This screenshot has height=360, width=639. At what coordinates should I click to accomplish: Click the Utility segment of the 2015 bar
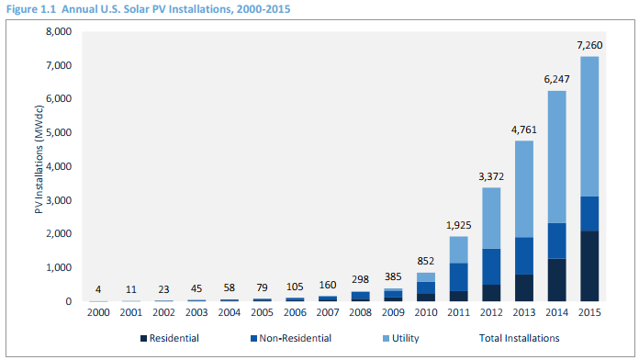tap(589, 127)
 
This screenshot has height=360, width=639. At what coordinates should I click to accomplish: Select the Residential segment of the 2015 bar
tap(589, 266)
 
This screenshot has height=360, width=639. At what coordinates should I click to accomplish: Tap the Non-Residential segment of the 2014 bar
tap(556, 241)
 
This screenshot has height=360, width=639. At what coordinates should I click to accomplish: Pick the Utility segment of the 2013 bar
tap(523, 189)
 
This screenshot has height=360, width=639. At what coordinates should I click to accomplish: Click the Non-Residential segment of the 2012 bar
tap(491, 266)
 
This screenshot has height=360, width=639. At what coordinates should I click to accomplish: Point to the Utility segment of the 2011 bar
tap(458, 250)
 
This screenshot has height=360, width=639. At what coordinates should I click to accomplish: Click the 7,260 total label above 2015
tap(589, 45)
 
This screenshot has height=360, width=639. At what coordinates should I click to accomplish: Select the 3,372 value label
tap(491, 176)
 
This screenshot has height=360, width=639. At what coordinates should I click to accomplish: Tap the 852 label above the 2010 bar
tap(425, 261)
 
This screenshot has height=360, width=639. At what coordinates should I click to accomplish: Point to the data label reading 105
tap(295, 287)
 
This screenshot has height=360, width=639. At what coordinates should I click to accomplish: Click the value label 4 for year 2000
tap(98, 289)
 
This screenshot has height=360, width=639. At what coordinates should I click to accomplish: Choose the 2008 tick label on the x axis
tap(360, 313)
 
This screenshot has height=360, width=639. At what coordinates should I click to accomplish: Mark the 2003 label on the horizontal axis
tap(196, 313)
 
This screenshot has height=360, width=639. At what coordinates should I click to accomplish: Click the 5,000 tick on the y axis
tap(59, 132)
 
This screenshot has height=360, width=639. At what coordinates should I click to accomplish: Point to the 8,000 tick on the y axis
tap(59, 31)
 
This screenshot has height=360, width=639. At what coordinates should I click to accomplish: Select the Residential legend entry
tap(170, 338)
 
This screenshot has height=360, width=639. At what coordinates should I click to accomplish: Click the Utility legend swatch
tap(386, 338)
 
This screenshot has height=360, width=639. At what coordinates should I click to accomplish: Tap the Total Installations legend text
tap(520, 338)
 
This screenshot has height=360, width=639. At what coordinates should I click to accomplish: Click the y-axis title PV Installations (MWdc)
tap(39, 160)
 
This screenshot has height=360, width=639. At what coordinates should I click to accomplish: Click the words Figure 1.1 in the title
tap(31, 9)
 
